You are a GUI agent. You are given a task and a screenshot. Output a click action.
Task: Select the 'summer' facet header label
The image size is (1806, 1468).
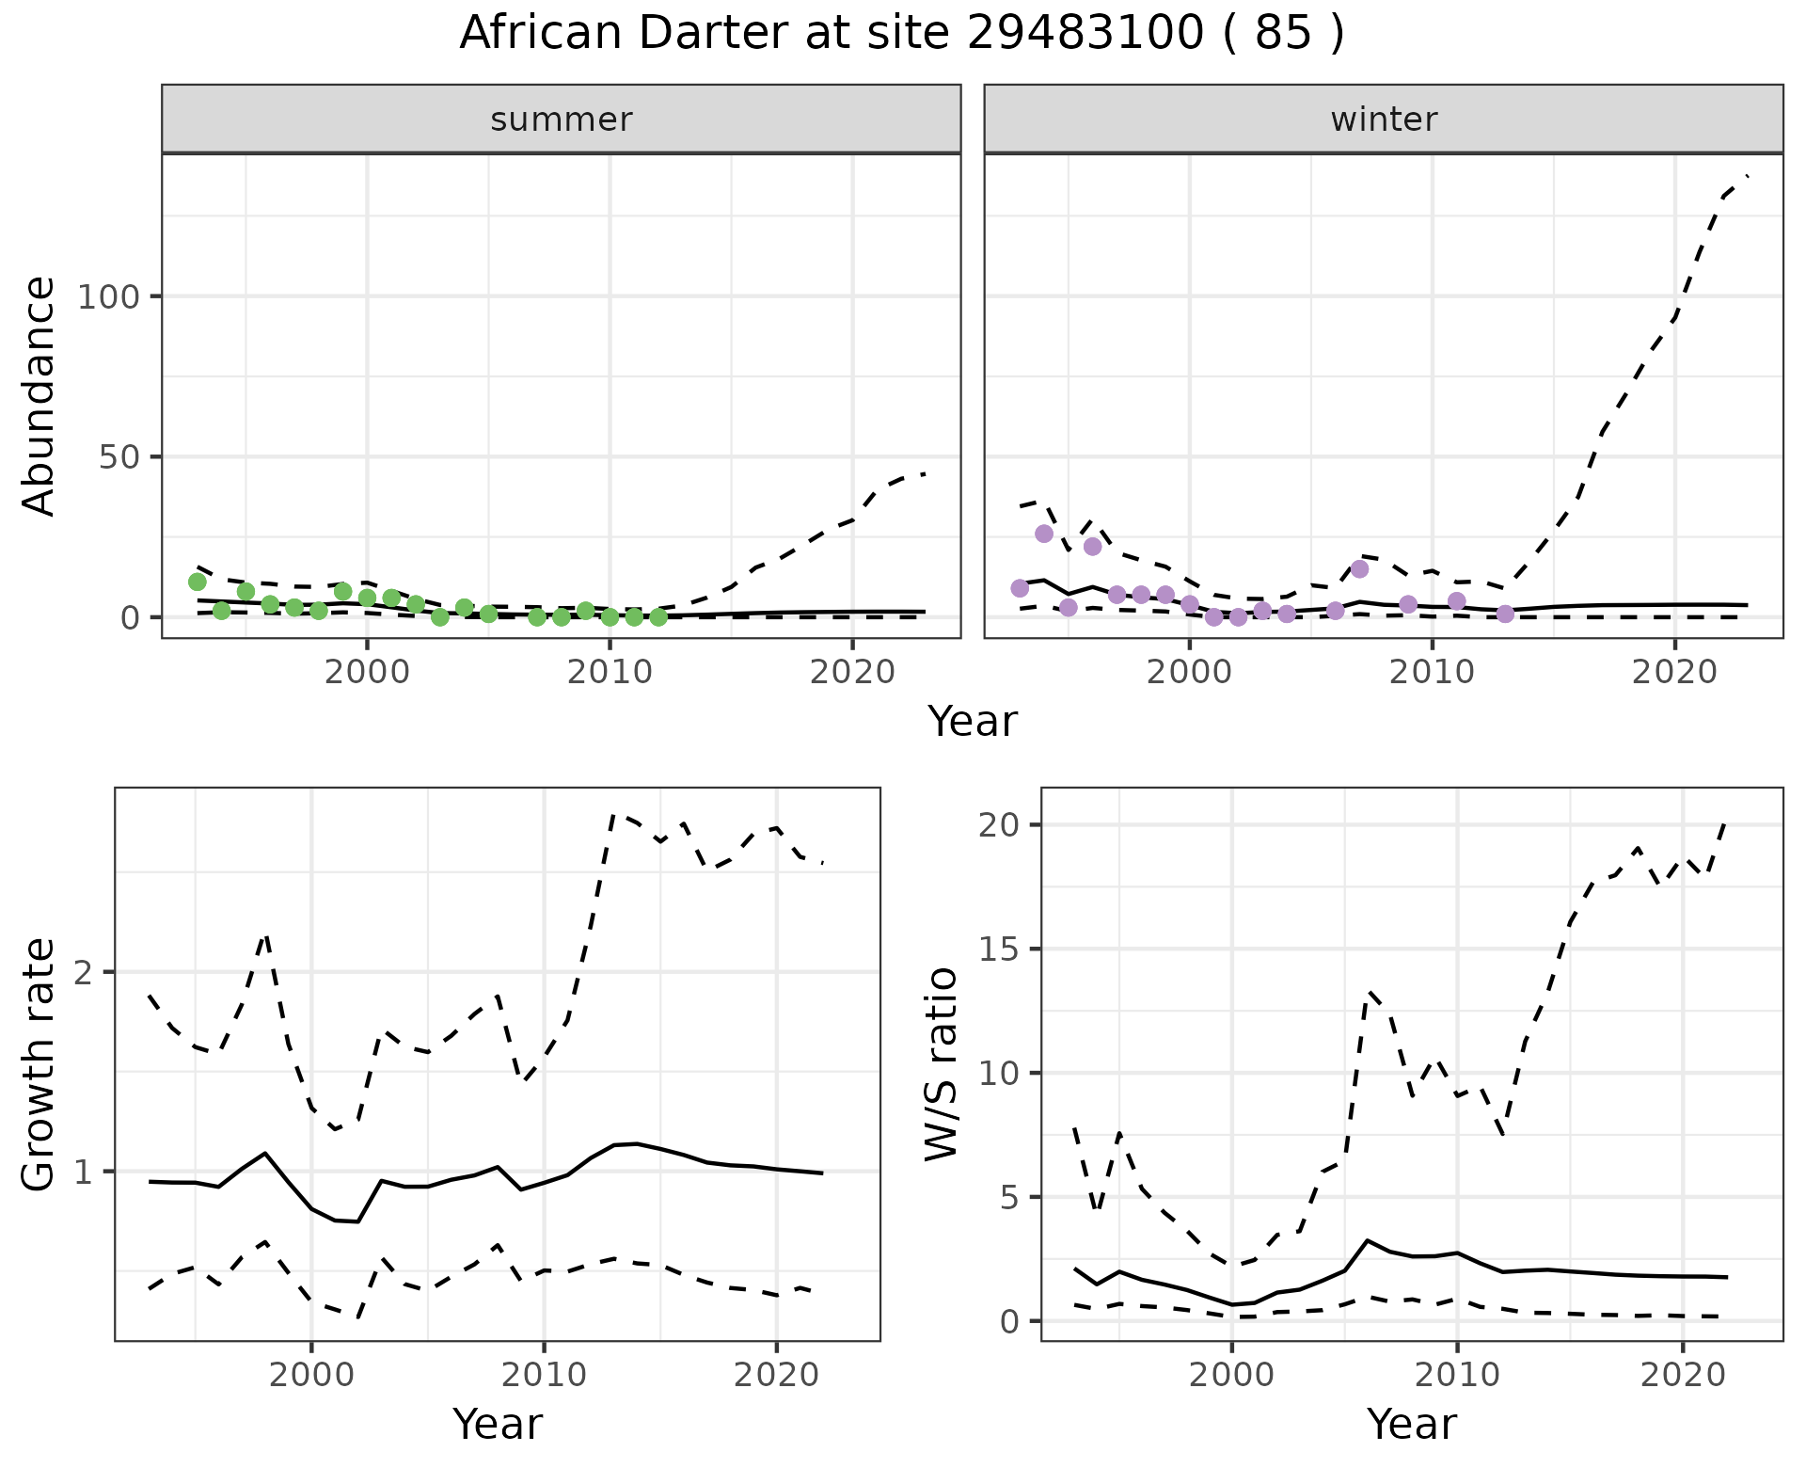[x=562, y=120]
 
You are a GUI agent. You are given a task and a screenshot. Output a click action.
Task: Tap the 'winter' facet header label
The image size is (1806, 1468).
[x=1384, y=120]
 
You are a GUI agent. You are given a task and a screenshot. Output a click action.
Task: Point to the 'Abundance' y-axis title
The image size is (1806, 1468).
[x=39, y=396]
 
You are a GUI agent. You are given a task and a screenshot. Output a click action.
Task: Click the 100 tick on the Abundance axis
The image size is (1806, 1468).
[x=106, y=297]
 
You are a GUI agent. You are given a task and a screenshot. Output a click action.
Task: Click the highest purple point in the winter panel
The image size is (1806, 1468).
[x=1044, y=534]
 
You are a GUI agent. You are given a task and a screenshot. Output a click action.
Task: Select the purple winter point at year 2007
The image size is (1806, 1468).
[x=1359, y=568]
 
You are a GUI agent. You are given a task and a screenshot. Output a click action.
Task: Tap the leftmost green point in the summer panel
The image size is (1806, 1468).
[x=198, y=582]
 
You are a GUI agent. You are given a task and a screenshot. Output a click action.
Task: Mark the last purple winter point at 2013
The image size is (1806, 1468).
[x=1505, y=614]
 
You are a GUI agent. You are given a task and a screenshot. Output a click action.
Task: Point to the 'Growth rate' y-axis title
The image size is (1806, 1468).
[x=39, y=1064]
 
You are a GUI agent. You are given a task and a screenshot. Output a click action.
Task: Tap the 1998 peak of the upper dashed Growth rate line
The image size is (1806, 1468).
[x=266, y=935]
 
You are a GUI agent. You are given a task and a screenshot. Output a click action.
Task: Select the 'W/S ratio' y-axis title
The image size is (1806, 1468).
[x=942, y=1064]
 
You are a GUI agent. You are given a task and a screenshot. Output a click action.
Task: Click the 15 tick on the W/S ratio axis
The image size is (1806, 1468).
[x=1002, y=949]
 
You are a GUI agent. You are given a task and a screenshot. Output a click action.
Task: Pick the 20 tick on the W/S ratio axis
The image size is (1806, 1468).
[x=1002, y=824]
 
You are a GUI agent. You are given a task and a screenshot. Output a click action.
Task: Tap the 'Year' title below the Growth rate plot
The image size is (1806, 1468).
[x=498, y=1424]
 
